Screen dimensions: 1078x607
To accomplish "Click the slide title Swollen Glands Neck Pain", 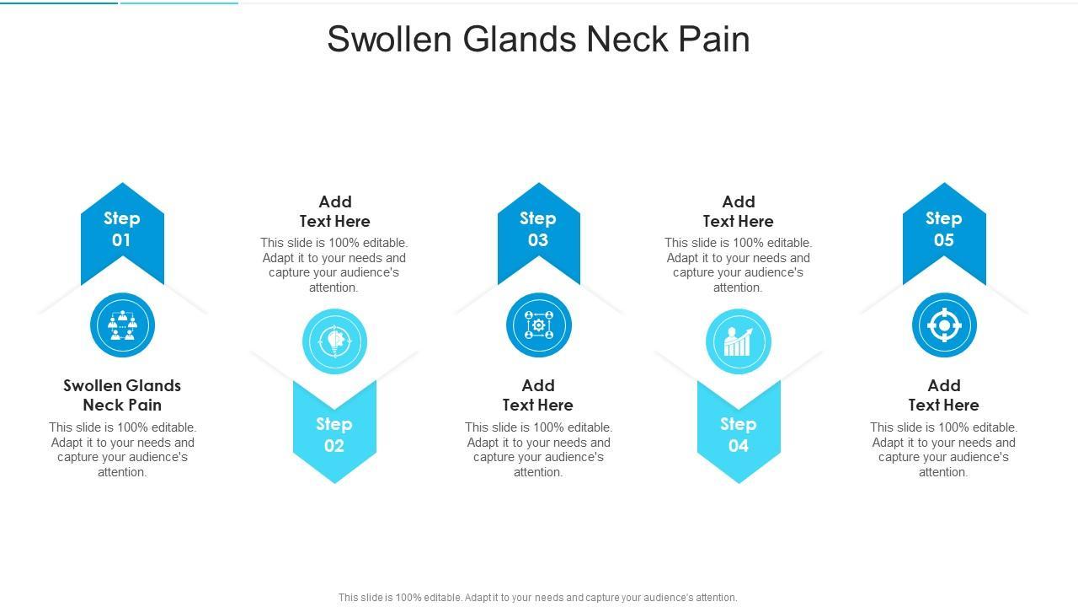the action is (x=538, y=39).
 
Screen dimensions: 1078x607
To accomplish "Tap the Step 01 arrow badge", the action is (x=122, y=228).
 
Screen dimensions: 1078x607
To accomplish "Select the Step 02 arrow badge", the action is (x=334, y=434).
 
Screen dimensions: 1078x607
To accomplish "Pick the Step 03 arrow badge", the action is (x=538, y=228).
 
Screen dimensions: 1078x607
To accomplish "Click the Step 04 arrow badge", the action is (x=739, y=434).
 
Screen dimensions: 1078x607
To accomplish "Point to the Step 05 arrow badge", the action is (x=943, y=228).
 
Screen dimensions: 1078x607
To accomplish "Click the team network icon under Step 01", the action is (x=122, y=325).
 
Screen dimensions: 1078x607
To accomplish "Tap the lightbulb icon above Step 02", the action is (x=334, y=341).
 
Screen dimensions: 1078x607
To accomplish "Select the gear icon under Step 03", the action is (x=538, y=325).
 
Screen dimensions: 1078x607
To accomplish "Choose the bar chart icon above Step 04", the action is (x=739, y=341).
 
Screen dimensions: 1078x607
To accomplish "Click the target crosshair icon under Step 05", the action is (x=943, y=325).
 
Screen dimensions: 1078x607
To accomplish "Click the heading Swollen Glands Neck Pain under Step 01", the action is (x=122, y=395).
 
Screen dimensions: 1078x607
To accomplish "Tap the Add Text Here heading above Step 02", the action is (x=334, y=211).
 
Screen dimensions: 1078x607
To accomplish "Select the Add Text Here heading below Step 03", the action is (x=538, y=395).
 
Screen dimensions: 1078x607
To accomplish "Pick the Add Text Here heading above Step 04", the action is (x=739, y=211).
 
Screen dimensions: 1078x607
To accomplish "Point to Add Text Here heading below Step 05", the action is (x=943, y=395).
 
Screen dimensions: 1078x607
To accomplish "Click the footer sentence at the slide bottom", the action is (x=538, y=597).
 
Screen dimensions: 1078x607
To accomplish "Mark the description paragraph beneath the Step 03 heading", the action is (x=538, y=449).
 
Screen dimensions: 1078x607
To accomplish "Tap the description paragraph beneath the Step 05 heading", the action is (x=943, y=449).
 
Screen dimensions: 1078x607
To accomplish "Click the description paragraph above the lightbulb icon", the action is (x=334, y=265).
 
